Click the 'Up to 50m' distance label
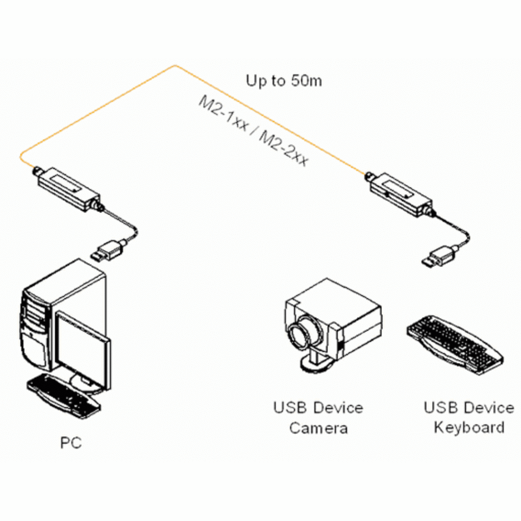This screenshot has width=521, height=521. (x=284, y=81)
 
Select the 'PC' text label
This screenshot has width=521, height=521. (x=71, y=444)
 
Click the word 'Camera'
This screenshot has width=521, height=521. (x=318, y=428)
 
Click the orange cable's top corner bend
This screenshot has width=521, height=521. (x=176, y=66)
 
